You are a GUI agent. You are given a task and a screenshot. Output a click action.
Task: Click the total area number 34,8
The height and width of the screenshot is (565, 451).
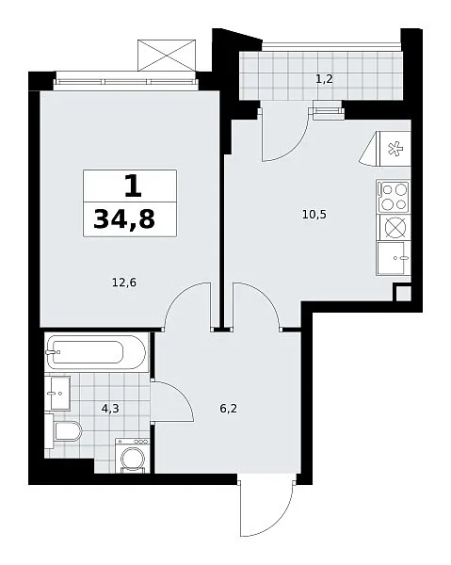point(124,219)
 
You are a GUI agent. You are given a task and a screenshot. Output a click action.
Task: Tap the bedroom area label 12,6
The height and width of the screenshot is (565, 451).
point(124,282)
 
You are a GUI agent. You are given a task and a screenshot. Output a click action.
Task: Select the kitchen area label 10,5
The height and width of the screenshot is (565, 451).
point(314,215)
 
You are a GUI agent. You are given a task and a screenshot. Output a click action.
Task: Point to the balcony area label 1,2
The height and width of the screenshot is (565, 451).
point(324,79)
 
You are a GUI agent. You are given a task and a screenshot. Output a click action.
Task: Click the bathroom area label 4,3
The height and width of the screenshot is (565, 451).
point(110,409)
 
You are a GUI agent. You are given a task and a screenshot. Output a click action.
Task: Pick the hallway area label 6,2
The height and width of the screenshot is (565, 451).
point(229,409)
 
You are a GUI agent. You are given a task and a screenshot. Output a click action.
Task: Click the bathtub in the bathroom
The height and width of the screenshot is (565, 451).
point(97,352)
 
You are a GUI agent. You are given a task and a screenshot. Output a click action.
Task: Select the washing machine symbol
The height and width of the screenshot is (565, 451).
point(132,456)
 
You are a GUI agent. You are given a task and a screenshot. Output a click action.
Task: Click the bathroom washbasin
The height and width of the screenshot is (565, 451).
point(57,393)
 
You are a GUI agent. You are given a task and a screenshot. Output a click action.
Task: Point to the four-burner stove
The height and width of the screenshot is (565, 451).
point(393,197)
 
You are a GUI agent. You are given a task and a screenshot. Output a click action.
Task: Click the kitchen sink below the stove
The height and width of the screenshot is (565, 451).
point(393,258)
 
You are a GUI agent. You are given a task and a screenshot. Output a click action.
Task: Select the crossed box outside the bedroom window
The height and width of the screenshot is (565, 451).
point(167,56)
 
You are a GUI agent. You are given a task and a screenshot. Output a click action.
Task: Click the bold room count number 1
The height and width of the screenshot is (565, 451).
point(133,186)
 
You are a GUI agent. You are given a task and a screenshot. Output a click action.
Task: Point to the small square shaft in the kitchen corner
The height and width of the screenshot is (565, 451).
point(402,293)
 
